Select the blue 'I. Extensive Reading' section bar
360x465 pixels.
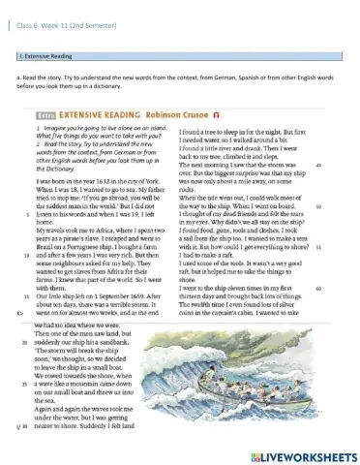tap(178, 58)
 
